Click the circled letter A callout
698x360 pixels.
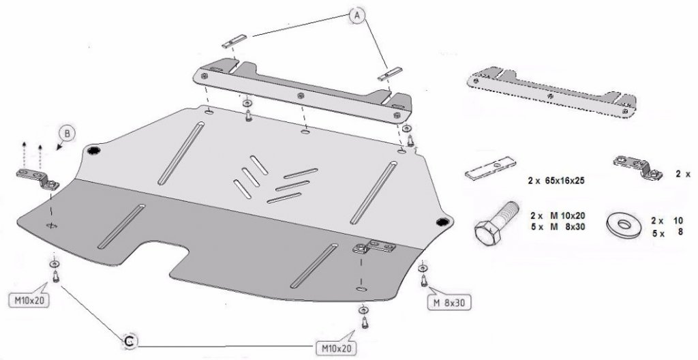pos(357,15)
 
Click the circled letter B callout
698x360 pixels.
pos(67,133)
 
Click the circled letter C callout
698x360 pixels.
pos(130,342)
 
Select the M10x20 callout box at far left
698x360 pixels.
pos(29,300)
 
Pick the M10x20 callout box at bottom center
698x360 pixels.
pos(336,347)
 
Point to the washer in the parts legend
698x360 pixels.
pos(624,224)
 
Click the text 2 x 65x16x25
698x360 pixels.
pos(556,181)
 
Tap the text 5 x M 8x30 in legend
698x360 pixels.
pos(558,227)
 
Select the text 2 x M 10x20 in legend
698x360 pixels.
pos(558,215)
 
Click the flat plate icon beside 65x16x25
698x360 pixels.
pos(490,168)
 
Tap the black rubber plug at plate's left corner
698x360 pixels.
pos(93,150)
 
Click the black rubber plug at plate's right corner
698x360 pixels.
pos(442,222)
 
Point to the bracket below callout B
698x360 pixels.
pos(38,179)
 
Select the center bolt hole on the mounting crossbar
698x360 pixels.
pos(301,95)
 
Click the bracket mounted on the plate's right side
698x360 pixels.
pos(374,246)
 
